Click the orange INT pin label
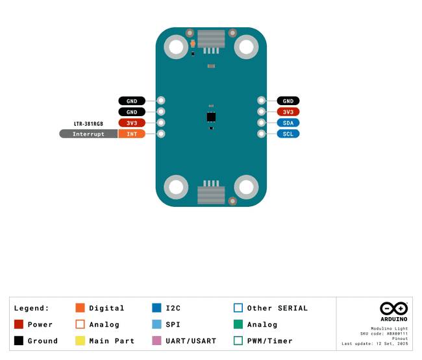click(132, 134)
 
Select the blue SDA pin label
click(288, 123)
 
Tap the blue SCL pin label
click(288, 134)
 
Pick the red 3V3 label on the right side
click(288, 112)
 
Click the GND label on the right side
click(288, 101)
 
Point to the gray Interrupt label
click(88, 134)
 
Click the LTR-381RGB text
click(88, 124)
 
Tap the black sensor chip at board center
click(211, 117)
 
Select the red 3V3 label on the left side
click(132, 123)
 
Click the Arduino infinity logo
click(393, 308)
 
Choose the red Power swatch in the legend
click(19, 324)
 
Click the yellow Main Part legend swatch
click(81, 341)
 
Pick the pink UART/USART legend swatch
click(156, 341)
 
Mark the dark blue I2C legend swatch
click(156, 308)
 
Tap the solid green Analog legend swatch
click(238, 324)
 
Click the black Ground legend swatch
click(19, 341)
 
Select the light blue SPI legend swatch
click(156, 324)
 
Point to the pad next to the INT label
click(161, 134)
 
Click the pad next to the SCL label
click(261, 134)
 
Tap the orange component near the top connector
click(193, 43)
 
